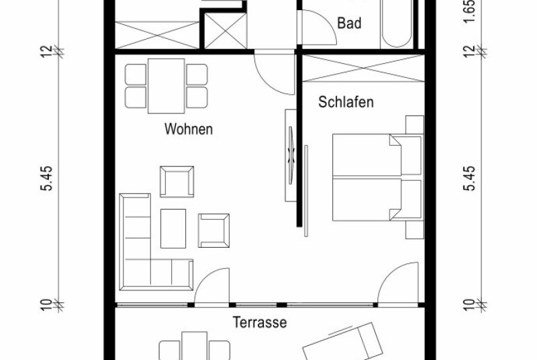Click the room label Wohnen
[x=189, y=129]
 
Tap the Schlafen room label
[x=346, y=102]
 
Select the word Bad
[x=349, y=24]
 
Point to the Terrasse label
[x=260, y=322]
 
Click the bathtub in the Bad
[x=397, y=24]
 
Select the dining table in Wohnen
[x=166, y=86]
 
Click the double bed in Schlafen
[x=378, y=177]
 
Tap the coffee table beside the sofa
[x=173, y=228]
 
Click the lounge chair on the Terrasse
[x=342, y=343]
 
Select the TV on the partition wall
[x=291, y=156]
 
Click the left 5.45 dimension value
[x=47, y=178]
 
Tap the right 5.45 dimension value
[x=471, y=178]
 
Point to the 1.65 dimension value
[x=471, y=12]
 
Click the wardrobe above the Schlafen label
[x=363, y=68]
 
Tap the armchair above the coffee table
[x=177, y=181]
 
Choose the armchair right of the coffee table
[x=214, y=230]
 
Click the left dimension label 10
[x=47, y=305]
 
